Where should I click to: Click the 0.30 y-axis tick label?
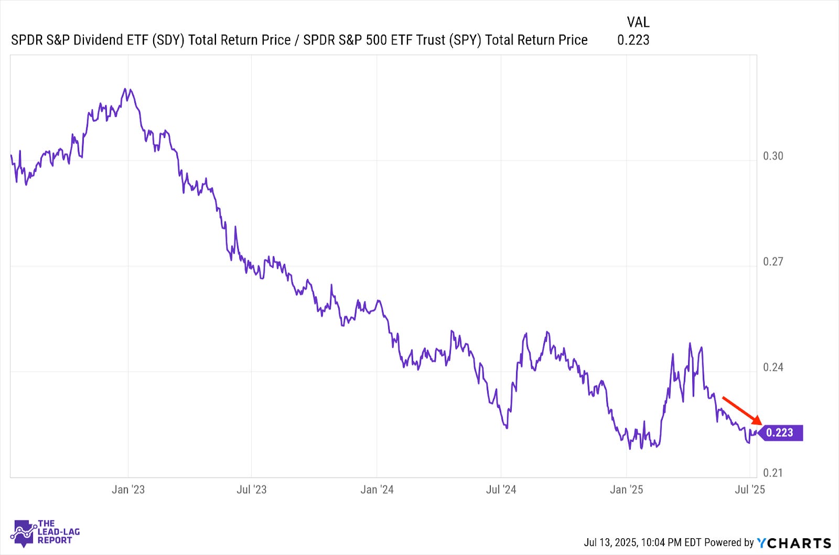[x=773, y=156]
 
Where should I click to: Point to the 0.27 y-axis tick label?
[x=773, y=262]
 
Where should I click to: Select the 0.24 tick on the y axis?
[x=773, y=367]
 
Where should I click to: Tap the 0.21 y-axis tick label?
[x=773, y=473]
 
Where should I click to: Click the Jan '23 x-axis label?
[x=128, y=489]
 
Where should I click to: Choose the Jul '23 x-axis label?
[x=251, y=489]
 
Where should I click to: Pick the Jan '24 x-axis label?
[x=377, y=489]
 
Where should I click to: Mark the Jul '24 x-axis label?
[x=501, y=489]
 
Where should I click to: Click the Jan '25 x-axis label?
[x=626, y=489]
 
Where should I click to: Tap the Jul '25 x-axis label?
[x=750, y=489]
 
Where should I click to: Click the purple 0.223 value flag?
[x=780, y=432]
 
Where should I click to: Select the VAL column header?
[x=638, y=22]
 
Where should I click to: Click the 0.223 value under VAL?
[x=633, y=40]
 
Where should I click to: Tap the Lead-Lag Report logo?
[x=45, y=532]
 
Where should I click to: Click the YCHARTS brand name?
[x=794, y=543]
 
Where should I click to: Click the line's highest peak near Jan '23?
[x=125, y=89]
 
